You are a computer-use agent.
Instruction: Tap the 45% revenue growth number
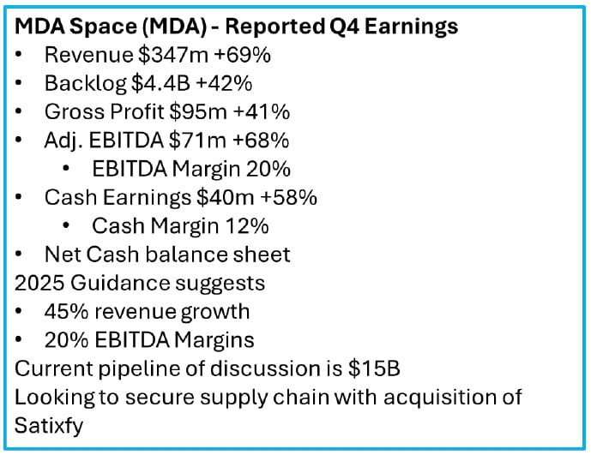64,311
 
